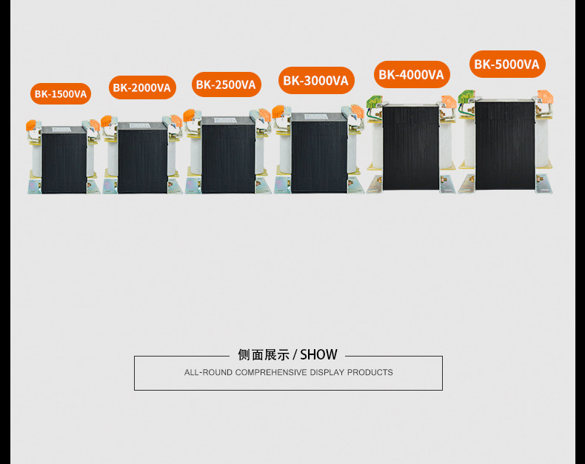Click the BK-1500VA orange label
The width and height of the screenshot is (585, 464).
pos(61,94)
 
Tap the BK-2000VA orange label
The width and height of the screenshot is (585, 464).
pos(142,87)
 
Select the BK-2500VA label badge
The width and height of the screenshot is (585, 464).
pos(226,84)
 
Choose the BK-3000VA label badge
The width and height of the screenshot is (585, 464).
pos(315,80)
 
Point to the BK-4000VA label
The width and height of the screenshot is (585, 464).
pos(411,74)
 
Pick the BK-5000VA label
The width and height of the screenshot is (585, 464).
pos(507,64)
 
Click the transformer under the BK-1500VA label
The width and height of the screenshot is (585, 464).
pos(64,159)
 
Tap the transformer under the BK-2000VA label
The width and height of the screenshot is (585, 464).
pos(142,157)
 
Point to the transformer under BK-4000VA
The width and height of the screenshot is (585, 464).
pos(411,147)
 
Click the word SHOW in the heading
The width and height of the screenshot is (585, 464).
pos(318,355)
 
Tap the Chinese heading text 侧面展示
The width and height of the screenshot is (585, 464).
pos(264,355)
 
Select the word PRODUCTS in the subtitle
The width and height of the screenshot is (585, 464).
pos(370,373)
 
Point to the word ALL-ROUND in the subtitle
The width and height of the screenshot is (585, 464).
pos(208,373)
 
